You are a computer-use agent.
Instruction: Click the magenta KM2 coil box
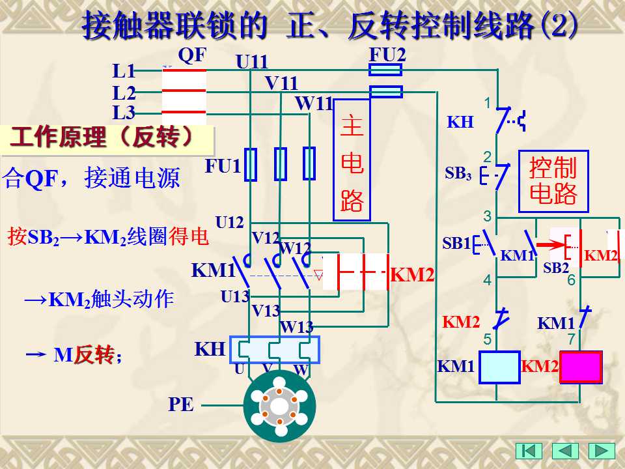[581, 367]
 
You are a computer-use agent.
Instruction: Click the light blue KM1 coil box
[499, 367]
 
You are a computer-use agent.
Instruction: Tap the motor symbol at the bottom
[280, 406]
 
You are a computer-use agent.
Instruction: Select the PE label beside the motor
[181, 405]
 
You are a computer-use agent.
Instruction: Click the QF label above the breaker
[192, 55]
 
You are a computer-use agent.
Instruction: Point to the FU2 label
[387, 55]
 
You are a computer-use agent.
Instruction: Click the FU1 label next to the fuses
[223, 166]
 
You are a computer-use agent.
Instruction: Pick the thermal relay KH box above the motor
[275, 350]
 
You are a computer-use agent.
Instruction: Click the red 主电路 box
[352, 160]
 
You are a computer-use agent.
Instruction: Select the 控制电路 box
[553, 182]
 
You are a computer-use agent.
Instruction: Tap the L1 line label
[124, 71]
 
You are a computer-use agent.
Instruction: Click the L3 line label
[124, 113]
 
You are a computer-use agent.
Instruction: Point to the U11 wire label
[252, 62]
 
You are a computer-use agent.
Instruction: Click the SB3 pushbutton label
[458, 173]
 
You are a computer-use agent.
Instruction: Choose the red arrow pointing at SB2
[551, 244]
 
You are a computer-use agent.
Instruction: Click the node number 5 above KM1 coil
[488, 339]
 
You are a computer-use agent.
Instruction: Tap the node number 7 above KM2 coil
[572, 339]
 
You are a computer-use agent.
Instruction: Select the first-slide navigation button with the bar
[529, 451]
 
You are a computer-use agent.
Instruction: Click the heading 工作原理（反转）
[102, 137]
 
